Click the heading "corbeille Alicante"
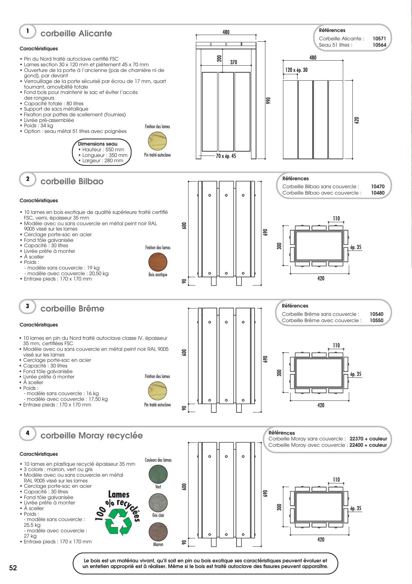[76, 34]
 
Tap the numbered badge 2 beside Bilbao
[28, 179]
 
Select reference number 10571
[379, 39]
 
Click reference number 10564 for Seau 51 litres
[379, 45]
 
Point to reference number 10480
[377, 193]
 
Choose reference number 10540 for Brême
[376, 314]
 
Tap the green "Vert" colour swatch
[158, 474]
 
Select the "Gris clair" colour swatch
[158, 503]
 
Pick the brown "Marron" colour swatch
[158, 532]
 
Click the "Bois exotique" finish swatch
[158, 262]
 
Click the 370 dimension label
[233, 62]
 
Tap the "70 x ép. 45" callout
[226, 156]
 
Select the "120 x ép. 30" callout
[296, 70]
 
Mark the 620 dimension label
[357, 120]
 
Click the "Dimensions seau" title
[95, 144]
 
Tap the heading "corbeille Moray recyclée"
[91, 436]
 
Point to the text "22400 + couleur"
[368, 445]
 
